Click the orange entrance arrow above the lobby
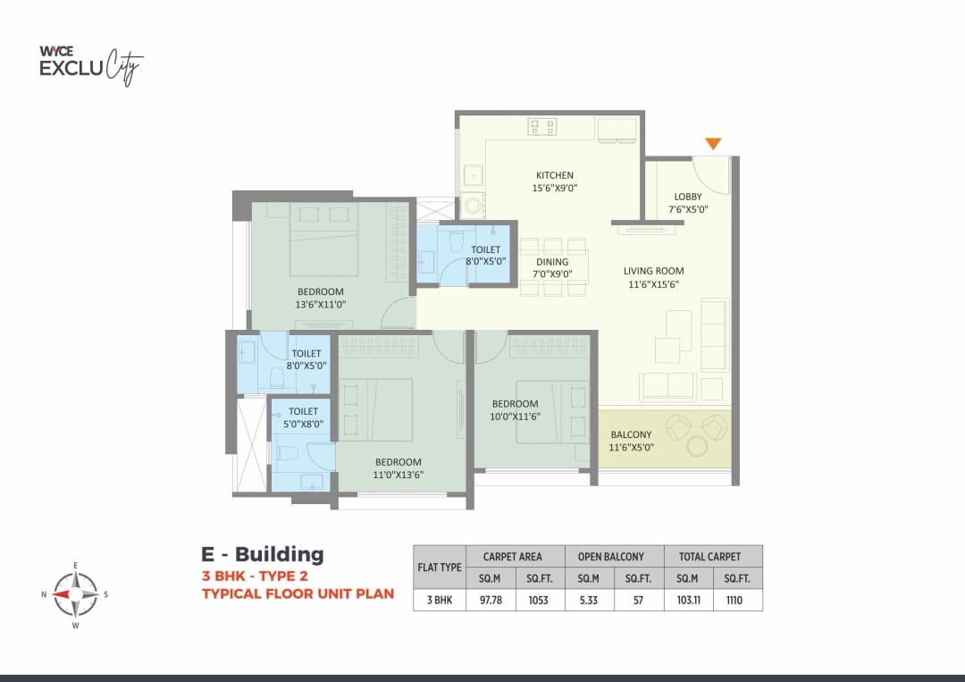(712, 143)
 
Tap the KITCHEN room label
(554, 175)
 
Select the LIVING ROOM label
(653, 271)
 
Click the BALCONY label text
(631, 434)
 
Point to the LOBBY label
(687, 197)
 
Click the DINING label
(552, 262)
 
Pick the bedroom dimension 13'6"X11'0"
(320, 304)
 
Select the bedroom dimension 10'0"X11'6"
(514, 416)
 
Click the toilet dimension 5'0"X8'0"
(303, 424)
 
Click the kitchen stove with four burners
(541, 127)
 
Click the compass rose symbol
(75, 594)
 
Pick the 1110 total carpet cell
(738, 600)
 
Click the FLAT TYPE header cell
(440, 567)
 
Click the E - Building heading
(262, 554)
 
